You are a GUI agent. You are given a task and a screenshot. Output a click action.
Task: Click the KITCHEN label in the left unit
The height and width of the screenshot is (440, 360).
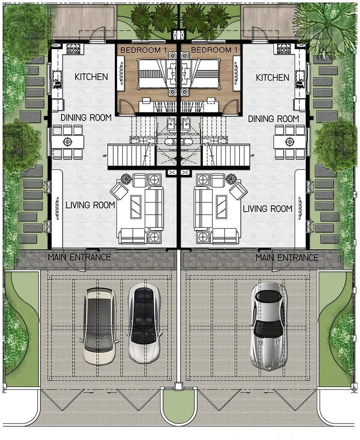click(91, 77)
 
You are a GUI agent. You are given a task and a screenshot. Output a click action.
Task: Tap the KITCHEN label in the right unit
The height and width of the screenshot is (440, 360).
click(272, 77)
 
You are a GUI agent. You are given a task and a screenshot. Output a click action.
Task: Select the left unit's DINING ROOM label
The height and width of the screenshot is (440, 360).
click(86, 118)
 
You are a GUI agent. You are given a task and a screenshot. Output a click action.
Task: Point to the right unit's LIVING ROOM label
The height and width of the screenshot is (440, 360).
click(268, 209)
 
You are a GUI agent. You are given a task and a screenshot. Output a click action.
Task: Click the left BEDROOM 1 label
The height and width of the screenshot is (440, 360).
click(144, 50)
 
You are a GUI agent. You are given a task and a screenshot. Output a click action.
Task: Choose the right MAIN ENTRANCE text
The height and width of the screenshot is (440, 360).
click(287, 258)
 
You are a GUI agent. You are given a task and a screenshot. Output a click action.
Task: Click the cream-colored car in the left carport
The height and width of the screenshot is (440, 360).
click(100, 326)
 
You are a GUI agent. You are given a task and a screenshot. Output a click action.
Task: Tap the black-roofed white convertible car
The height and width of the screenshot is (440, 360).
click(144, 323)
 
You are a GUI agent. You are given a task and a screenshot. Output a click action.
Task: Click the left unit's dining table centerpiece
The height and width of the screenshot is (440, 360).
click(67, 142)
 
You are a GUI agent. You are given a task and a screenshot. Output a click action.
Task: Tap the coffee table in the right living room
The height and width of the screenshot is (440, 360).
click(222, 206)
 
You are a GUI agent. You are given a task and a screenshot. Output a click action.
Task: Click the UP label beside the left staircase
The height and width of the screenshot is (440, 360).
click(105, 155)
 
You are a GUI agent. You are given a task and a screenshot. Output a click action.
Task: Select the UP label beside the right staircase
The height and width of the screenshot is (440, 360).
click(252, 155)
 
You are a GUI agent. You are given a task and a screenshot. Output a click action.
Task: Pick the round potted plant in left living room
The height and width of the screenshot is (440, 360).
click(126, 178)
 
